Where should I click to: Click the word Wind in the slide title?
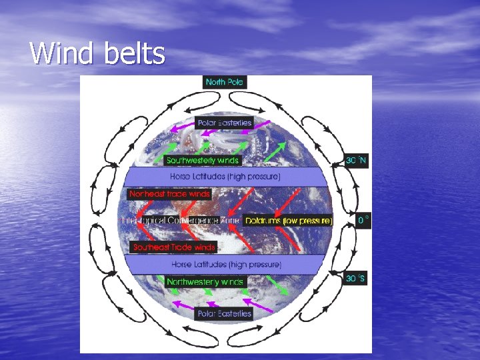[x=62, y=53]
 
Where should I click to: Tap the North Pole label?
[x=225, y=82]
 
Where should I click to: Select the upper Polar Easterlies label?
[x=225, y=123]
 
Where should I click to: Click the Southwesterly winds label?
[x=202, y=161]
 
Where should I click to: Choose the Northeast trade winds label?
[x=169, y=195]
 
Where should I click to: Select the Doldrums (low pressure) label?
[x=288, y=220]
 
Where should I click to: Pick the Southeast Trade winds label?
[x=173, y=247]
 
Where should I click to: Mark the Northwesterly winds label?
[x=205, y=282]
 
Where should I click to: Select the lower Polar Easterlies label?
[x=225, y=313]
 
